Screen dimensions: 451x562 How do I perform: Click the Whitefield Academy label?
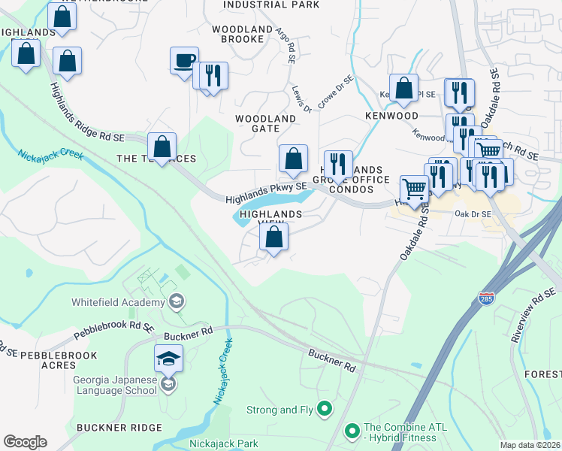(x=117, y=302)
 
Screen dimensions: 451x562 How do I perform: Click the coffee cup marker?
(x=184, y=61)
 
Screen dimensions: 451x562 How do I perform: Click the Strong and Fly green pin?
(x=325, y=410)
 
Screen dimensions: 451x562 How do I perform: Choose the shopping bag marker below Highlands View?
(x=274, y=238)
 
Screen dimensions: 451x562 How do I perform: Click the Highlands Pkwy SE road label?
(x=267, y=192)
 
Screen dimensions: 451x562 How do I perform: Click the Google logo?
(x=25, y=442)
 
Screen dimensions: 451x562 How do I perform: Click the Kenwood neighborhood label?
(x=391, y=117)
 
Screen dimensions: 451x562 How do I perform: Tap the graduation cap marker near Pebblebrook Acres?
(x=169, y=358)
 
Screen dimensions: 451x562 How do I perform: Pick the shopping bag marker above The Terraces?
(x=162, y=146)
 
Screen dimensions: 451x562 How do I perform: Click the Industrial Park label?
(x=271, y=5)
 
